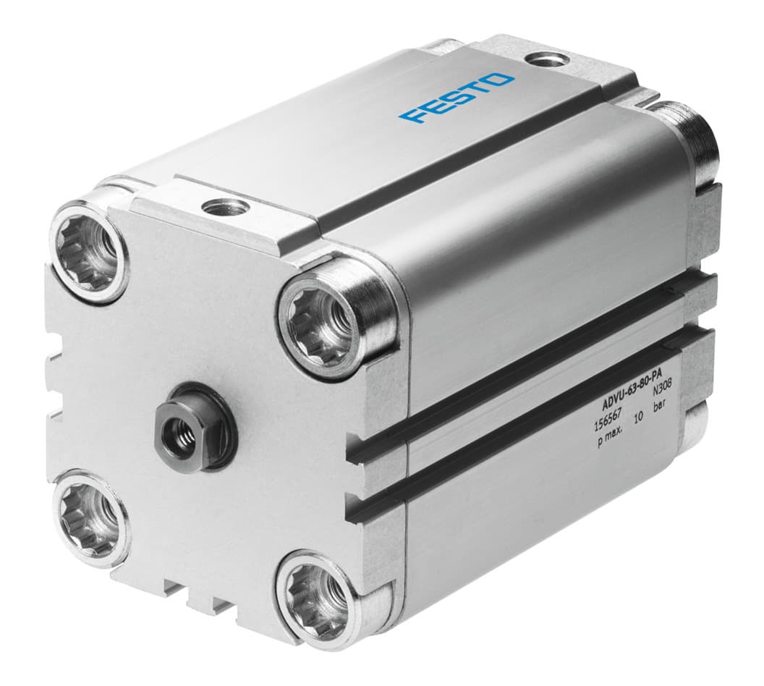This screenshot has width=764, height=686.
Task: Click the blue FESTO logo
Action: (x=458, y=98)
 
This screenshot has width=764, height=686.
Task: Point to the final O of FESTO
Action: (x=502, y=80)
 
